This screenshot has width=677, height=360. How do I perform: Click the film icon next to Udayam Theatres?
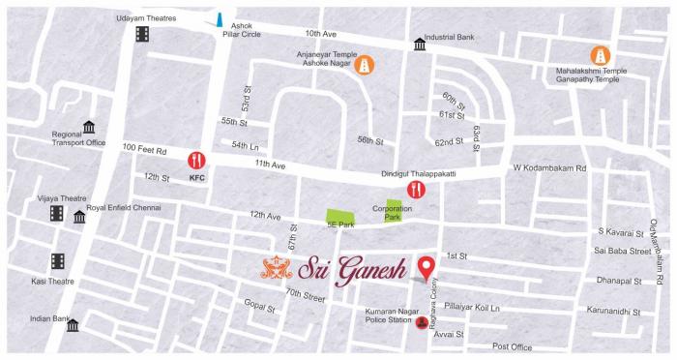(x=143, y=34)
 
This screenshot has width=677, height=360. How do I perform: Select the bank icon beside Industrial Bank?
(x=420, y=45)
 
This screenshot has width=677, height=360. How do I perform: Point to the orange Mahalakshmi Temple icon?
(x=601, y=57)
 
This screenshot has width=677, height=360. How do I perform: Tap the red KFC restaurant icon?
(x=197, y=160)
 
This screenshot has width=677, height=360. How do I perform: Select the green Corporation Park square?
(x=394, y=206)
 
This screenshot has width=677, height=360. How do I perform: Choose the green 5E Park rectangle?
(x=338, y=219)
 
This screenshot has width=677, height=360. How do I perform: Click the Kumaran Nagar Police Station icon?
(x=422, y=323)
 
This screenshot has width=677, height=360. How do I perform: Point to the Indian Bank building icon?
(x=73, y=325)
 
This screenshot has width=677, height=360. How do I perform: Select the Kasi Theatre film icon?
(x=57, y=261)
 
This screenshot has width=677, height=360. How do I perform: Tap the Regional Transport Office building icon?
(x=90, y=128)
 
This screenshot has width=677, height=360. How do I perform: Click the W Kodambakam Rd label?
(x=549, y=167)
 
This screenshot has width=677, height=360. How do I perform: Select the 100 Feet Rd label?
(x=145, y=149)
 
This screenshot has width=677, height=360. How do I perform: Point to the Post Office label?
(x=513, y=346)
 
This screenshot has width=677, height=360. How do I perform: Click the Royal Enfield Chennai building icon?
(x=79, y=217)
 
